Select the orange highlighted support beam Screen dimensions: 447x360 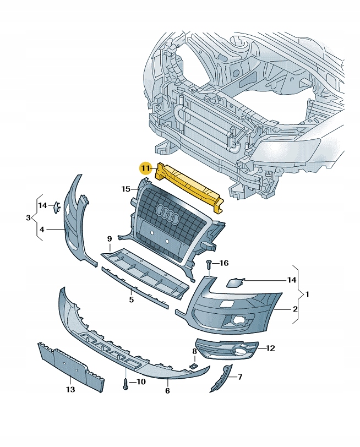190,186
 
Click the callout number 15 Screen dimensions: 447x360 126,189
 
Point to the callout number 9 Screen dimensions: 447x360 109,238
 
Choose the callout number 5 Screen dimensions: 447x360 132,300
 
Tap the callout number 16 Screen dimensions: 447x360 223,263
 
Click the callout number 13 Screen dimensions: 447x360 70,390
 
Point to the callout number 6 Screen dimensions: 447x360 167,390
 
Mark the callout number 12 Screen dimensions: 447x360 270,348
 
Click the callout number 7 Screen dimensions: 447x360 240,377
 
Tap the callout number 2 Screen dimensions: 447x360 295,309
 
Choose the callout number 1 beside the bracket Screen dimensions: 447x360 307,294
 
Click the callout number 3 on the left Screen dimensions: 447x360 28,218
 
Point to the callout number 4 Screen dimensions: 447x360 42,229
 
